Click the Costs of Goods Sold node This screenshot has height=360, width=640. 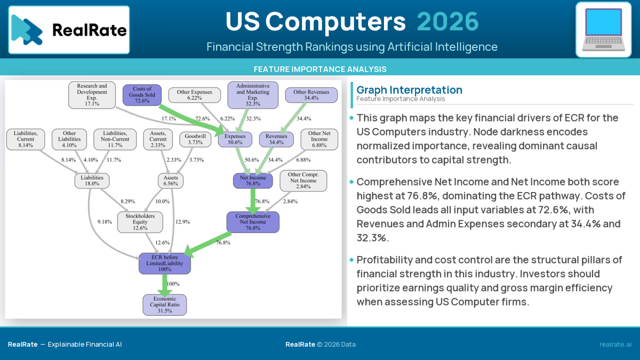click(142, 95)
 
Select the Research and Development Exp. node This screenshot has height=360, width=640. click(92, 95)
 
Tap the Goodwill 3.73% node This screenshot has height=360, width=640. click(195, 139)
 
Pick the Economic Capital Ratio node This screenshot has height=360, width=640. click(164, 305)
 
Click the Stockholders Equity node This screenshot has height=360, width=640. click(140, 222)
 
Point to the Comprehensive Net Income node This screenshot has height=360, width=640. click(253, 222)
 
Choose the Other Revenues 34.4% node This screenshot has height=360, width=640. click(311, 95)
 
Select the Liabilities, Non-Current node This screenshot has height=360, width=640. click(116, 139)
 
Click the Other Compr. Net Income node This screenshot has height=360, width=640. click(303, 180)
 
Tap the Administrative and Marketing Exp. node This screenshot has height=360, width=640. click(252, 95)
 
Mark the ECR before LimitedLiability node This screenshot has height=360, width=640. click(164, 263)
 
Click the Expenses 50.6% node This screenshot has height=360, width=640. click(235, 139)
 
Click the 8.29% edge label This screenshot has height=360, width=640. click(127, 202)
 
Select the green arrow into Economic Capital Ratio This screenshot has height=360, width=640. click(164, 284)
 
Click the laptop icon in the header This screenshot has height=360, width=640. click(603, 29)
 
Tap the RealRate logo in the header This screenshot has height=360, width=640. click(69, 30)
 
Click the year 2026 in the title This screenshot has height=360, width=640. click(447, 22)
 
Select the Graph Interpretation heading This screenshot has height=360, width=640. click(409, 90)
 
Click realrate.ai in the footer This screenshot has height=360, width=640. click(615, 345)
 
